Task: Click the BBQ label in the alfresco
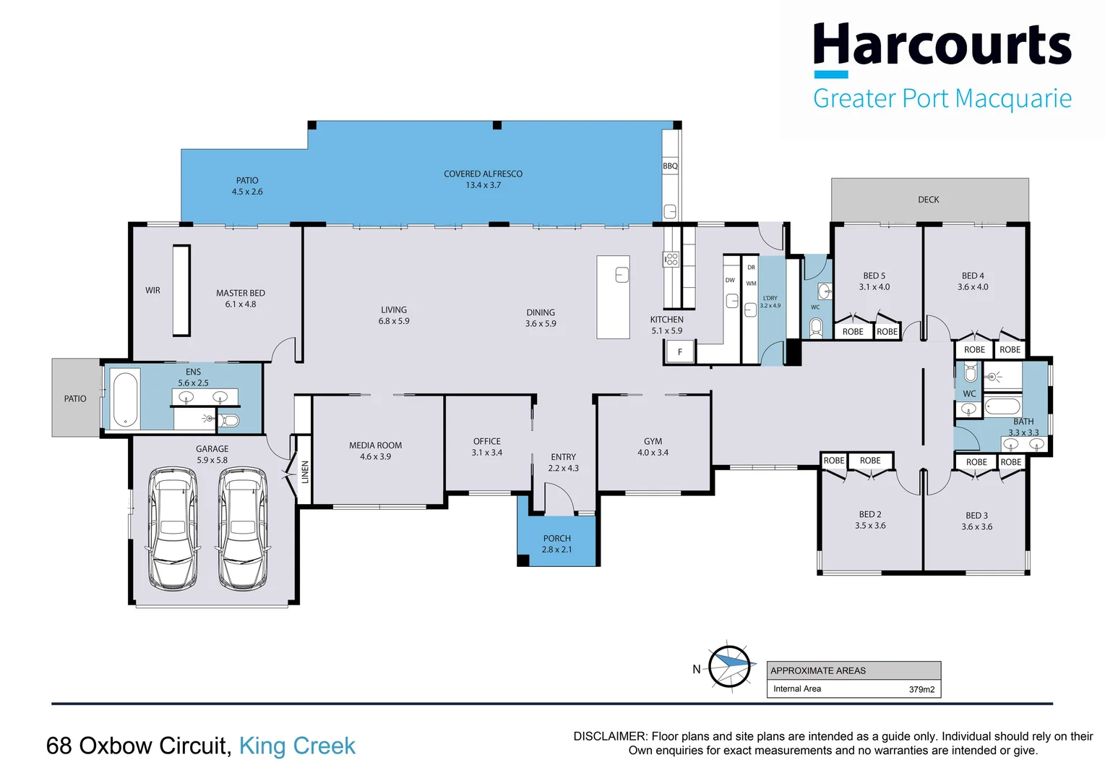pyautogui.click(x=670, y=166)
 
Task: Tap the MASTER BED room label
pyautogui.click(x=241, y=293)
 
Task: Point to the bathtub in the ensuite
pyautogui.click(x=126, y=398)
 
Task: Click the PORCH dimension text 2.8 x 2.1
pyautogui.click(x=556, y=550)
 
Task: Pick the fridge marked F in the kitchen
pyautogui.click(x=680, y=352)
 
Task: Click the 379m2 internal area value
pyautogui.click(x=921, y=690)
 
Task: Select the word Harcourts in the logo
pyautogui.click(x=942, y=45)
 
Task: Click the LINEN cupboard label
pyautogui.click(x=305, y=471)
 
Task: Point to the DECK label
pyautogui.click(x=929, y=200)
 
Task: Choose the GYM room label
pyautogui.click(x=653, y=441)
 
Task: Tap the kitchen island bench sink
pyautogui.click(x=622, y=275)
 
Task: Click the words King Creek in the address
pyautogui.click(x=297, y=746)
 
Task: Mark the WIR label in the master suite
pyautogui.click(x=152, y=290)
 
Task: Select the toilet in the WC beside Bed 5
pyautogui.click(x=816, y=329)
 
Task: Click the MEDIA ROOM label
pyautogui.click(x=375, y=445)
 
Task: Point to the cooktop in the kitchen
pyautogui.click(x=671, y=259)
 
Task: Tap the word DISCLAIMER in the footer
pyautogui.click(x=610, y=736)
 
